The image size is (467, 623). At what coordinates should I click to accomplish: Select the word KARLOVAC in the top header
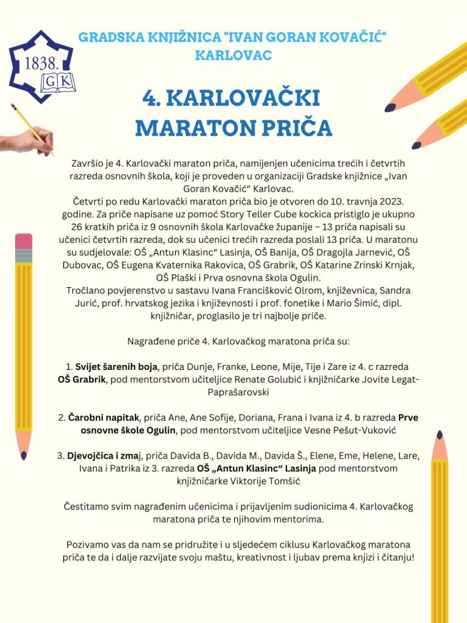click(233, 55)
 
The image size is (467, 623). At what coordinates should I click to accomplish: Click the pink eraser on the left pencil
click(23, 241)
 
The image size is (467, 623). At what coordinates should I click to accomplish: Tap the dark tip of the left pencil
click(23, 454)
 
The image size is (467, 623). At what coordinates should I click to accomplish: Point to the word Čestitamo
click(85, 506)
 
